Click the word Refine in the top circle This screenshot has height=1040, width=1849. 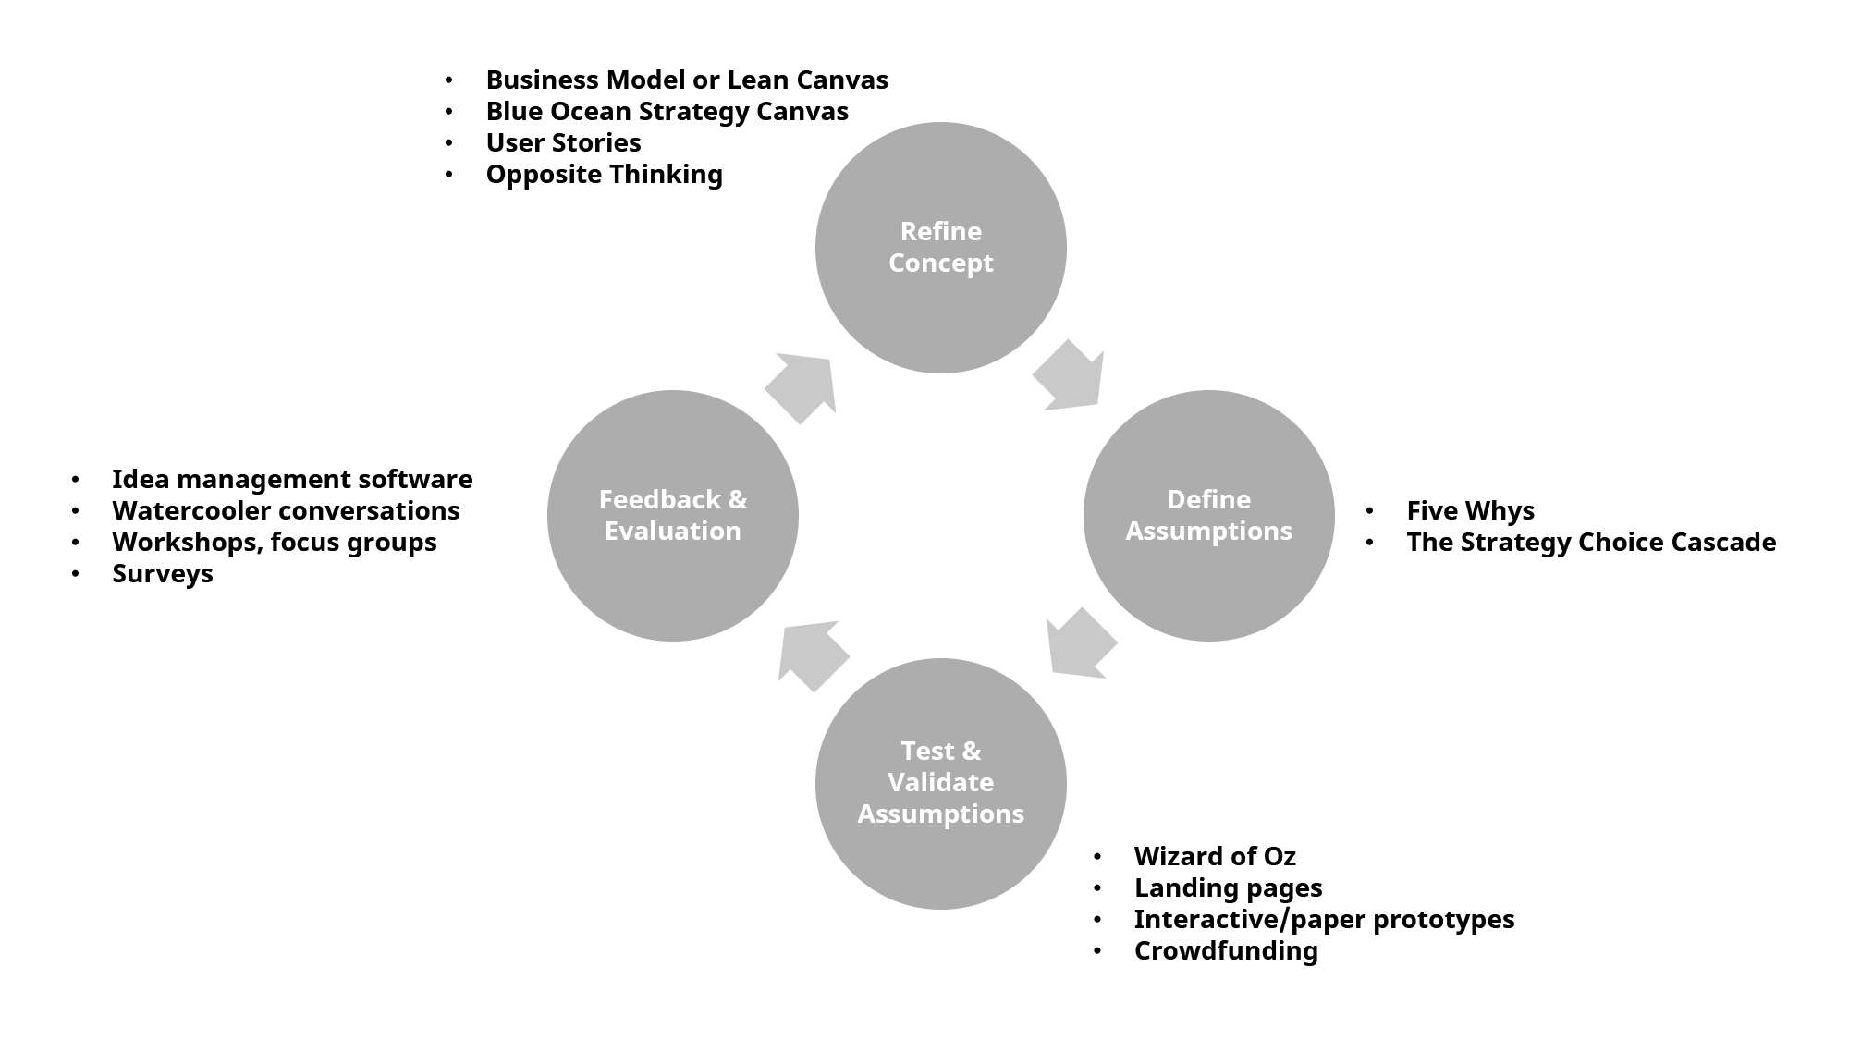pos(940,231)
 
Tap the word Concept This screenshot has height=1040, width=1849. pos(940,263)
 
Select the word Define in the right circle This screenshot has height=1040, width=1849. pos(1208,499)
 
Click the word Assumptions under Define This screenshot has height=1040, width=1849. pos(1208,532)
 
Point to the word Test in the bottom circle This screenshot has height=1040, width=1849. pos(926,751)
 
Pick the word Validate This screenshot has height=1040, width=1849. pos(940,782)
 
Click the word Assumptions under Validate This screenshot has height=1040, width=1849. pos(940,814)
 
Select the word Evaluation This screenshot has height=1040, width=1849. pos(672,532)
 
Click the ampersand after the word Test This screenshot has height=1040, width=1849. pos(971,751)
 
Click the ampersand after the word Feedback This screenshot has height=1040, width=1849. pos(738,499)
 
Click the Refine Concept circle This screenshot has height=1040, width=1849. pos(940,314)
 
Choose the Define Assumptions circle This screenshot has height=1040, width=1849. pos(1208,582)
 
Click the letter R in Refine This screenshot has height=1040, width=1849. pos(909,231)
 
